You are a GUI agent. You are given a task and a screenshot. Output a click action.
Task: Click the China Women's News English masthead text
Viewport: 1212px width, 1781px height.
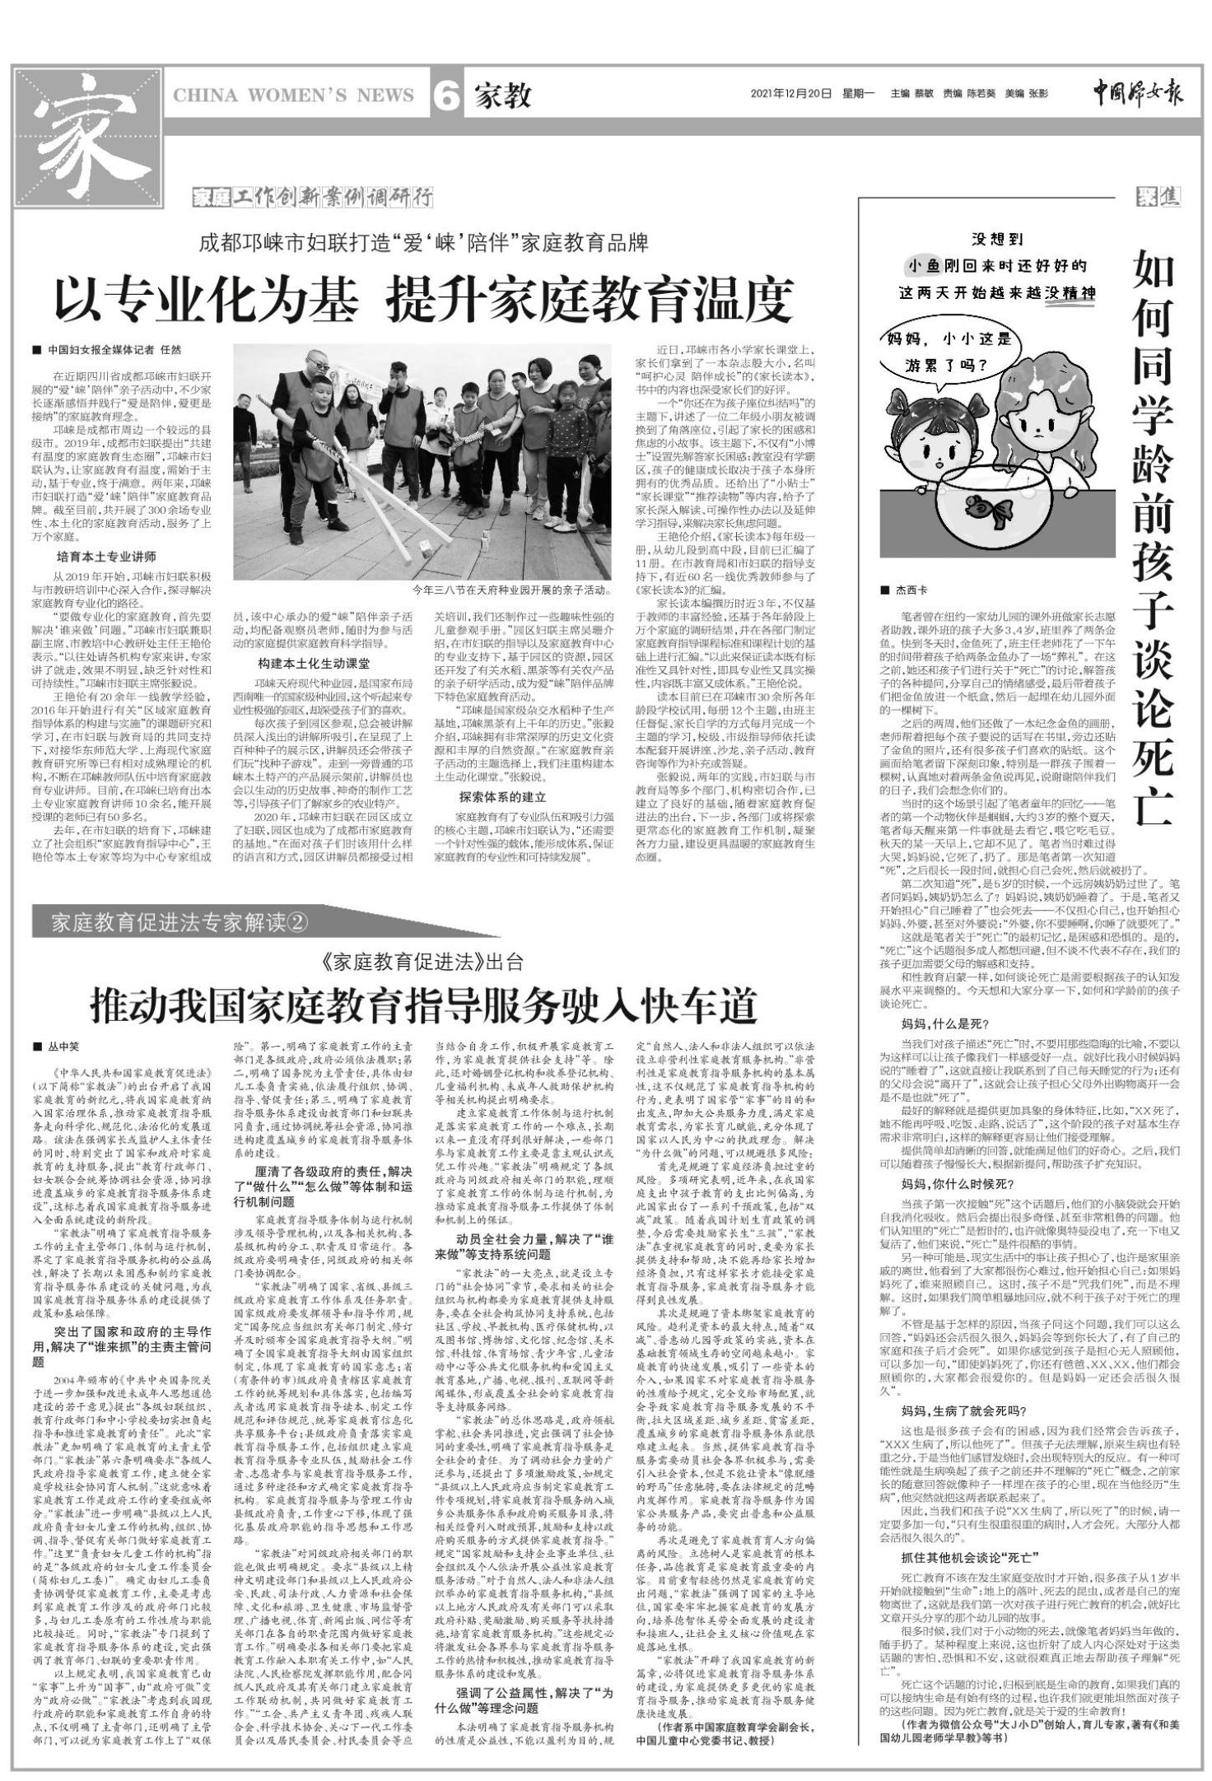[x=294, y=96]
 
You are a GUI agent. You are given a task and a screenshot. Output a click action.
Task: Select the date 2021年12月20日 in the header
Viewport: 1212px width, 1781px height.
[x=791, y=94]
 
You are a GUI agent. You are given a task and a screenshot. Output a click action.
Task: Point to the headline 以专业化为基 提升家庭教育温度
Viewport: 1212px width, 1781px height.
[x=423, y=300]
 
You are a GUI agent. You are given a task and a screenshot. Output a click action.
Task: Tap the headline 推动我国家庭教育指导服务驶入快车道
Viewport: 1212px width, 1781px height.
[x=423, y=1006]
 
